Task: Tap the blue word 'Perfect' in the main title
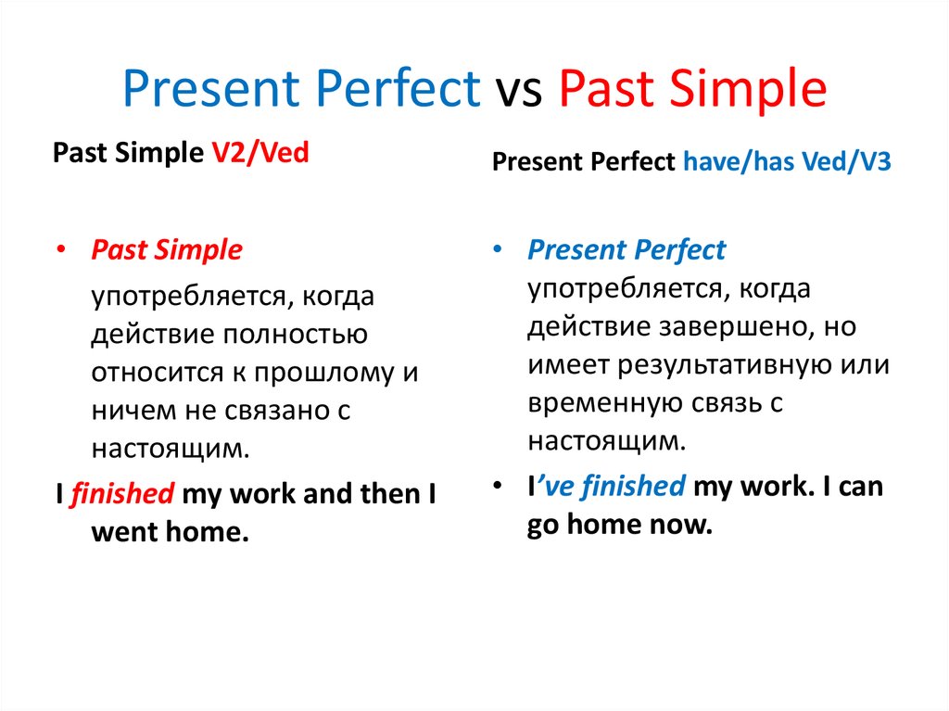399,87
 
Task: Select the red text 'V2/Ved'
260,152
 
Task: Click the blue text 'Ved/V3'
846,161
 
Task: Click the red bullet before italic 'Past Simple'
60,249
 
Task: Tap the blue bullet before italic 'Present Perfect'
498,249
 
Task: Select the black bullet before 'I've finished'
498,485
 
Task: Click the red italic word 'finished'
122,493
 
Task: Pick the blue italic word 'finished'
633,486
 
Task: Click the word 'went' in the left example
125,532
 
